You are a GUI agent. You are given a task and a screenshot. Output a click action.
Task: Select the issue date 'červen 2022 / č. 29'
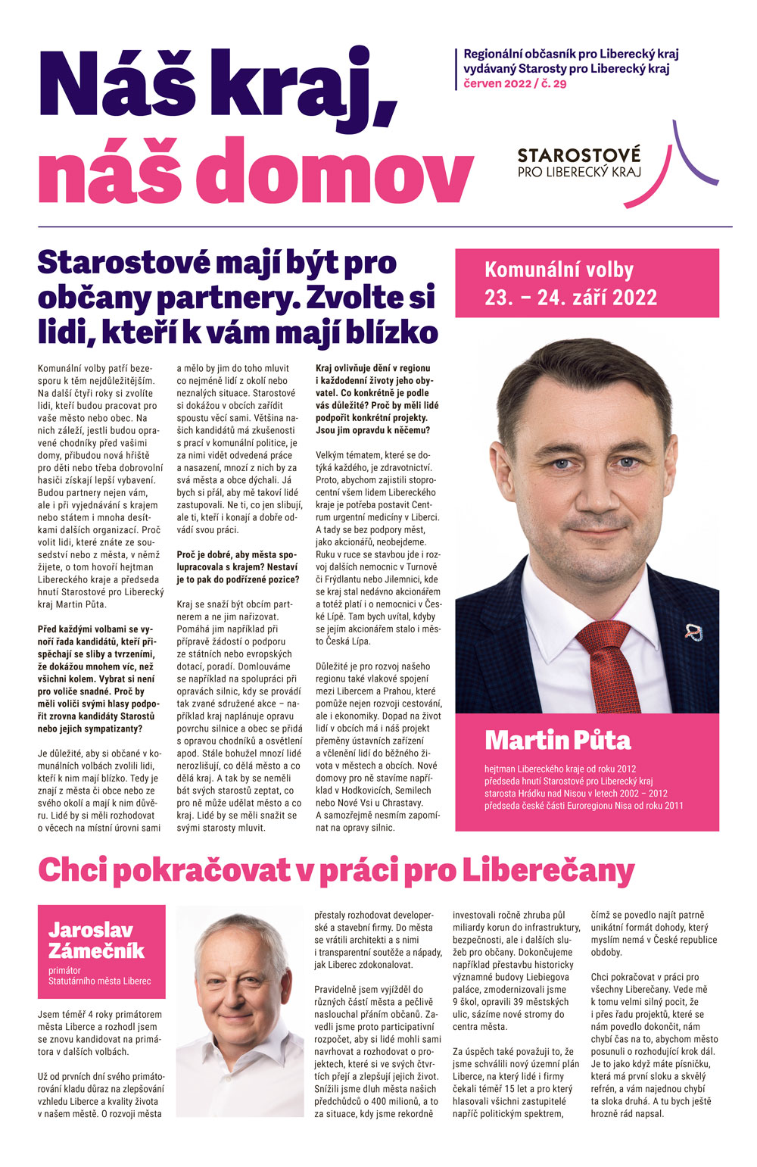[515, 83]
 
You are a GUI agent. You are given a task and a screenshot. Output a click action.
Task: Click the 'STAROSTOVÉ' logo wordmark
[578, 156]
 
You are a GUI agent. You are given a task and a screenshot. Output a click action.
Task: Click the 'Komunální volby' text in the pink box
[559, 270]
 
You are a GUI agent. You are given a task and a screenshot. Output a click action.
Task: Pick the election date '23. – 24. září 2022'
[571, 298]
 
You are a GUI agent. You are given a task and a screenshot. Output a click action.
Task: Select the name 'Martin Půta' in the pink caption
[558, 740]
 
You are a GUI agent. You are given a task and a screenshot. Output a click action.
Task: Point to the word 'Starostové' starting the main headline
[121, 263]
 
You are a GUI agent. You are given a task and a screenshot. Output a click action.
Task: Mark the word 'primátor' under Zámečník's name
[64, 970]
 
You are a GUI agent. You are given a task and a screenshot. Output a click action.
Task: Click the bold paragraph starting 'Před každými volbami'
[96, 679]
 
